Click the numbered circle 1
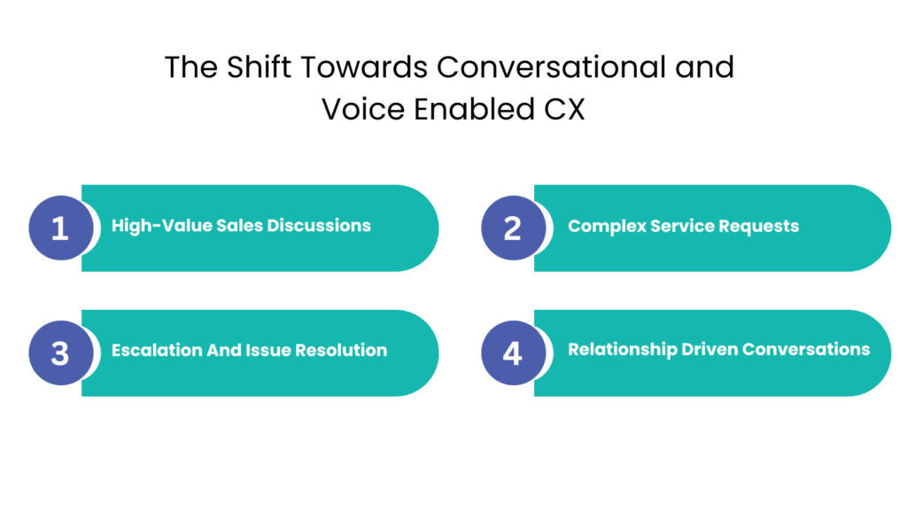[59, 228]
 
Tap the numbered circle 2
[512, 228]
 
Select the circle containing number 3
[59, 353]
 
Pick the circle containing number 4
[512, 353]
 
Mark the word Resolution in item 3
[341, 350]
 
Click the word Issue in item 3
[267, 350]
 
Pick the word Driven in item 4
[709, 349]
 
